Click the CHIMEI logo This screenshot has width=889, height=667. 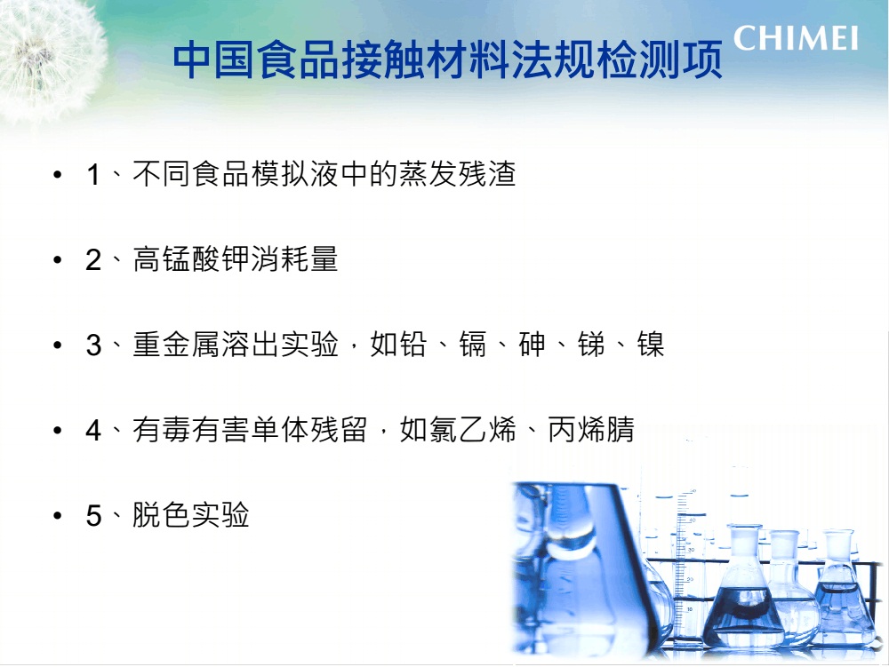point(796,38)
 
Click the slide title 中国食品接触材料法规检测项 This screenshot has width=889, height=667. point(447,60)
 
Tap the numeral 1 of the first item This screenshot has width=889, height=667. point(93,174)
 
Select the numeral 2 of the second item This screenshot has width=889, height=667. point(93,260)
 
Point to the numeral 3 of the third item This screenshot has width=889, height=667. point(93,345)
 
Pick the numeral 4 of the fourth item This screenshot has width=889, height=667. point(93,431)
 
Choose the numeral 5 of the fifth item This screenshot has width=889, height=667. point(93,516)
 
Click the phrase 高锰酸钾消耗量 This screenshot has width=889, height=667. point(236,259)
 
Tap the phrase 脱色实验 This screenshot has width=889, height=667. point(191,515)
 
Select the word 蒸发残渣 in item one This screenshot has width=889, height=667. point(458,174)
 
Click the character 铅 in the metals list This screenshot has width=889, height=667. point(413,345)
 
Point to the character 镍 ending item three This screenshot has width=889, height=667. point(651,345)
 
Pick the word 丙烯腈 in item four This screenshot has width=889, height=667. point(591,430)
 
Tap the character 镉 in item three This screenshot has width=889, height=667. point(472,345)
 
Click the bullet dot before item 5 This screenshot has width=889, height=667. point(57,516)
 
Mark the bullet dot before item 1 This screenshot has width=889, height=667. point(57,174)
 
